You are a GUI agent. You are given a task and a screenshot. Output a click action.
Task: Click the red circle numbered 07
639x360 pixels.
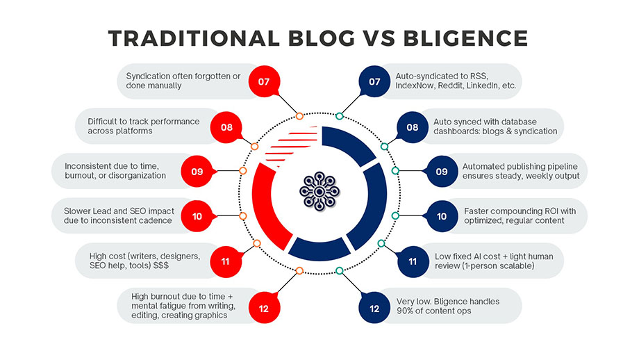tap(264, 81)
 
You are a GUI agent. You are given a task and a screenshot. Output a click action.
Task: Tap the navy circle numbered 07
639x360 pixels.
tap(375, 81)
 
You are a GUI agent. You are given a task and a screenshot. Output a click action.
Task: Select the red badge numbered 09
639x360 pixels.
tap(197, 171)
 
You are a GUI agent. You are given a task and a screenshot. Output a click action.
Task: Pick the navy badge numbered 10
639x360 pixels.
tap(442, 216)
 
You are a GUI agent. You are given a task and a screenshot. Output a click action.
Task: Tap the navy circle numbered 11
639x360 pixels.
tap(413, 261)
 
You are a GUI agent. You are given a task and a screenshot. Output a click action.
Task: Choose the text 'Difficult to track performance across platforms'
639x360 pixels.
tap(143, 126)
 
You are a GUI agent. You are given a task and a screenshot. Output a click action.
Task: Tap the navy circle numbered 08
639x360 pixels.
tap(413, 126)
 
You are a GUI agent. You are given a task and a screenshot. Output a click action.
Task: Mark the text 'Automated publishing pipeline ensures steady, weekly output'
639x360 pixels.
tap(520, 171)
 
